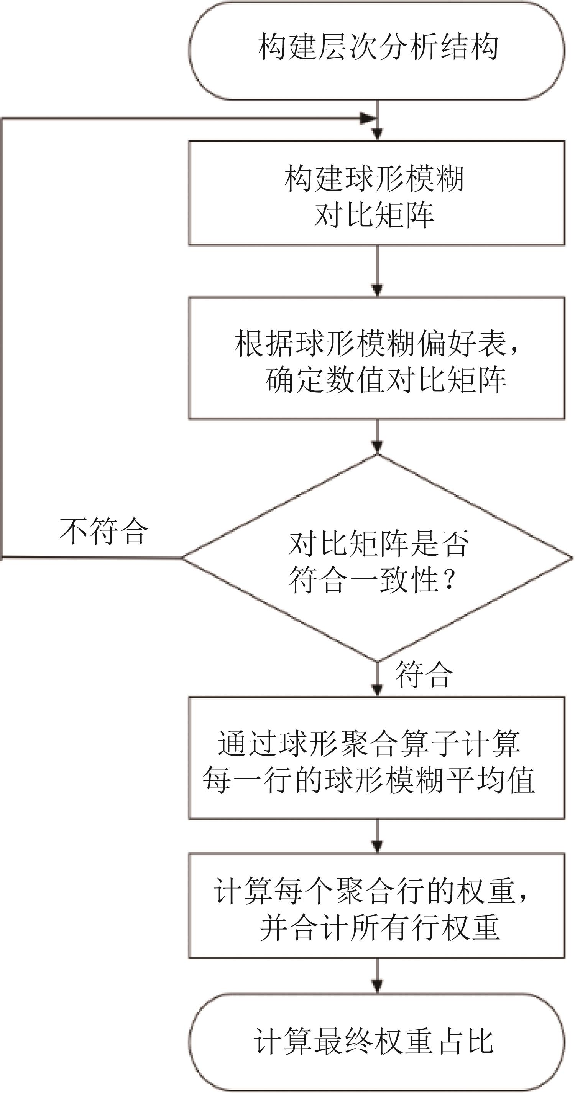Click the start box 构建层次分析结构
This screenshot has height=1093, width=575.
tap(376, 51)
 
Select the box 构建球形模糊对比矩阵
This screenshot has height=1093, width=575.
tap(376, 193)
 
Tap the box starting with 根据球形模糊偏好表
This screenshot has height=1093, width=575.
tap(376, 359)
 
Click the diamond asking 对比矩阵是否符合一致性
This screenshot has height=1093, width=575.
tap(376, 558)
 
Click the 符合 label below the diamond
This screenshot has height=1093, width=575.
tap(424, 675)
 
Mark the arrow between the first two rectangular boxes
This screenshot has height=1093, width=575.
tap(377, 272)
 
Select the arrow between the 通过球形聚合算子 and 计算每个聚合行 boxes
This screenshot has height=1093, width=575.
tap(377, 836)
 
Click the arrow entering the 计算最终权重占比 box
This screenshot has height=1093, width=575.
tap(377, 976)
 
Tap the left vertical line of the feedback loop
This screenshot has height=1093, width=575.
tap(2, 339)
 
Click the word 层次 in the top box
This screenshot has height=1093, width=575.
tap(333, 47)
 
